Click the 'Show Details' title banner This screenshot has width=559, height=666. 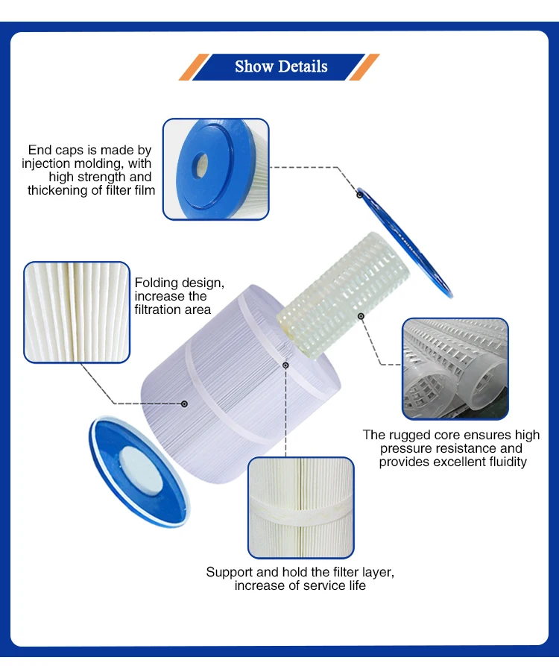pyautogui.click(x=279, y=66)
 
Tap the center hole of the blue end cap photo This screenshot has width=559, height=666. pyautogui.click(x=200, y=165)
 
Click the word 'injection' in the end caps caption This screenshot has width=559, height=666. pyautogui.click(x=46, y=163)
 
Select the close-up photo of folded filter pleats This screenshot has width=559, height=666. pyautogui.click(x=77, y=312)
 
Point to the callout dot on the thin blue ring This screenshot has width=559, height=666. pyautogui.click(x=359, y=195)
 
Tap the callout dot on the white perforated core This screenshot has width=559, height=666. pyautogui.click(x=361, y=316)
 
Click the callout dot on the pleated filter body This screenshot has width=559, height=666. pyautogui.click(x=184, y=404)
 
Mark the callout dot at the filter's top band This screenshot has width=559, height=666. pyautogui.click(x=285, y=365)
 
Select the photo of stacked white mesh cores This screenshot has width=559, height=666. pyautogui.click(x=455, y=368)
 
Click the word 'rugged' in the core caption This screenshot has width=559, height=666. pyautogui.click(x=408, y=436)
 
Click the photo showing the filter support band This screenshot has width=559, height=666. pyautogui.click(x=301, y=508)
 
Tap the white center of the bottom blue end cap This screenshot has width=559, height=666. pyautogui.click(x=141, y=470)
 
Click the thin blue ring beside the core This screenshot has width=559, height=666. pyautogui.click(x=405, y=242)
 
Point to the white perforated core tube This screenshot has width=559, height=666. pyautogui.click(x=344, y=295)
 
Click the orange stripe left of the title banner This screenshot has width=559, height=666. pyautogui.click(x=194, y=66)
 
